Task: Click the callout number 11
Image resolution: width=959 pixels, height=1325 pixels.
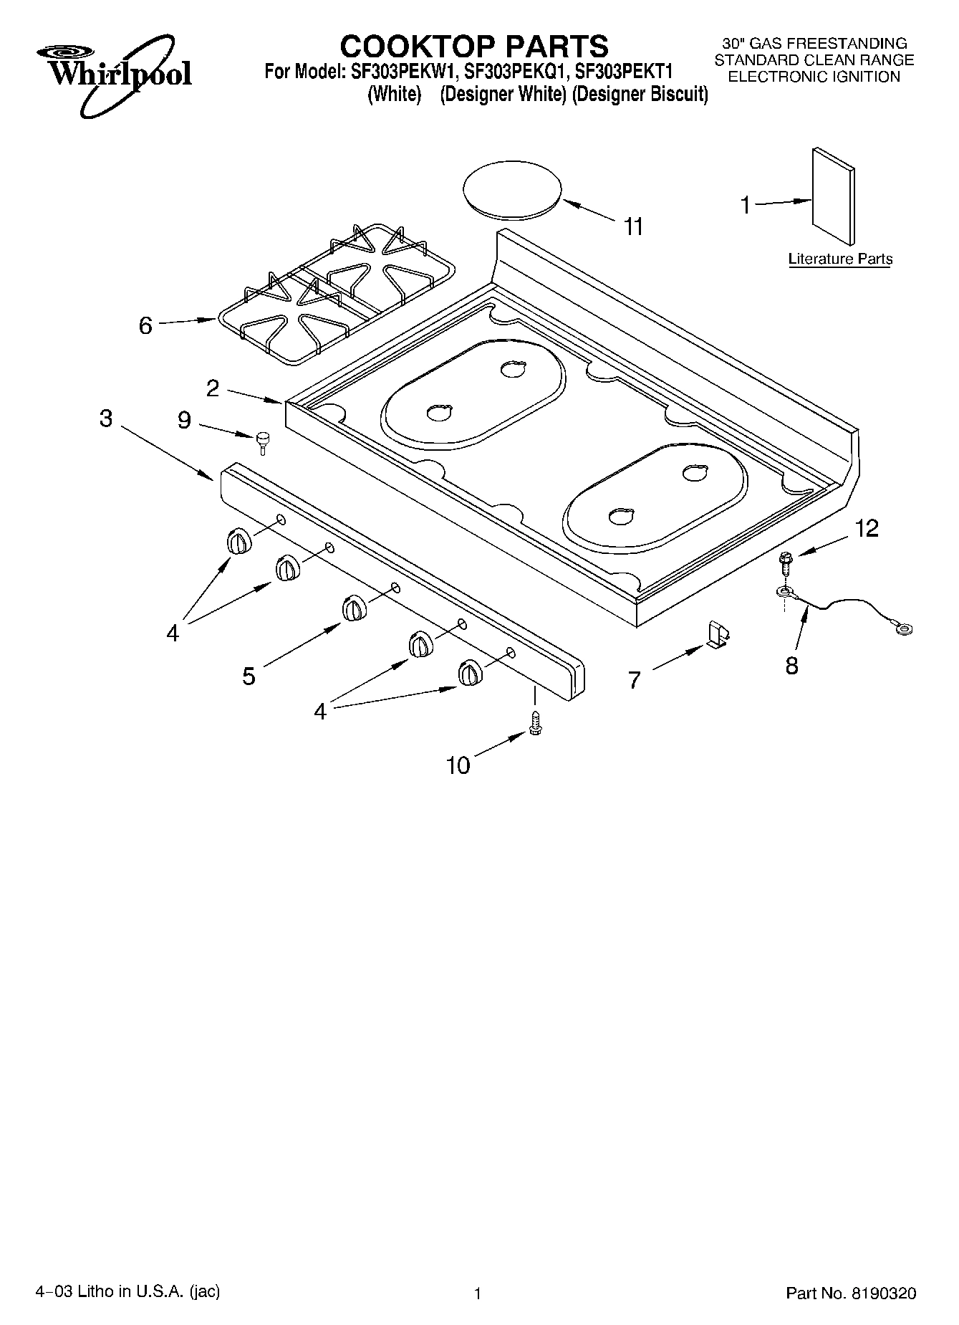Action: pos(633,227)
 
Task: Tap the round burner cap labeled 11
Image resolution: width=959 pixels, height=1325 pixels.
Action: pos(512,188)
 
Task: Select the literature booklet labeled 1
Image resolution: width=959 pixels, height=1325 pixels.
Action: pos(833,196)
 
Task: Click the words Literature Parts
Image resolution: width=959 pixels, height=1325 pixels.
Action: pos(840,259)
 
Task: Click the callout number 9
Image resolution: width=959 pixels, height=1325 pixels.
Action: pos(184,421)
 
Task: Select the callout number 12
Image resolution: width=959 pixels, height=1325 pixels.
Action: pos(866,529)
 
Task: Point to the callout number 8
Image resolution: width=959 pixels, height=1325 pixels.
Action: pos(791,666)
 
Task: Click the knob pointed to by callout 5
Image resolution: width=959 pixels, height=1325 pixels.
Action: pos(353,608)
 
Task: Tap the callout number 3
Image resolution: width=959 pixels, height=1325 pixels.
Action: pos(106,418)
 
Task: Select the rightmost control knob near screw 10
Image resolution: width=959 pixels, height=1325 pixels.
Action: pos(469,673)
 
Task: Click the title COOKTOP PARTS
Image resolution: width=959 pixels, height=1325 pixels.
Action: pos(473,47)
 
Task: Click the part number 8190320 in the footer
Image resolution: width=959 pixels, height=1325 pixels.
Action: pos(883,1293)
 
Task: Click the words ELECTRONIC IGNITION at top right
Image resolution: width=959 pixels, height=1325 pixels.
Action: pos(814,77)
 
